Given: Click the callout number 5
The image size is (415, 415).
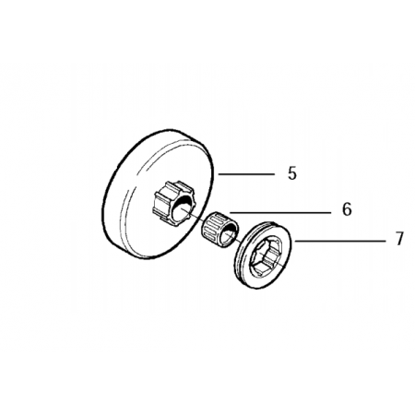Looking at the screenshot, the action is coord(292,173).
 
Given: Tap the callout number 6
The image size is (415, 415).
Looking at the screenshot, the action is coord(347,209).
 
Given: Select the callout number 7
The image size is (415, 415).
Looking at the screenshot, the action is coord(399,239).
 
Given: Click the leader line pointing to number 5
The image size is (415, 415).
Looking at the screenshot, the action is coord(246,174).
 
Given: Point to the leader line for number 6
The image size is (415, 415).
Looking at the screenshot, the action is coord(280,212).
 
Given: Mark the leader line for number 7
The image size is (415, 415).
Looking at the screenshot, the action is coord(340,242).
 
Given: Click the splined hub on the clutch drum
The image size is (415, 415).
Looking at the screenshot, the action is coord(173,202).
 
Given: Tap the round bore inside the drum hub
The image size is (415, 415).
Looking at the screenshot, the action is coord(182,209).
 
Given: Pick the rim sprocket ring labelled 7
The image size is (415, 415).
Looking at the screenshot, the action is coord(263,255).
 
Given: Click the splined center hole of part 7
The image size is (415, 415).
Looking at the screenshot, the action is coord(268,255).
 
